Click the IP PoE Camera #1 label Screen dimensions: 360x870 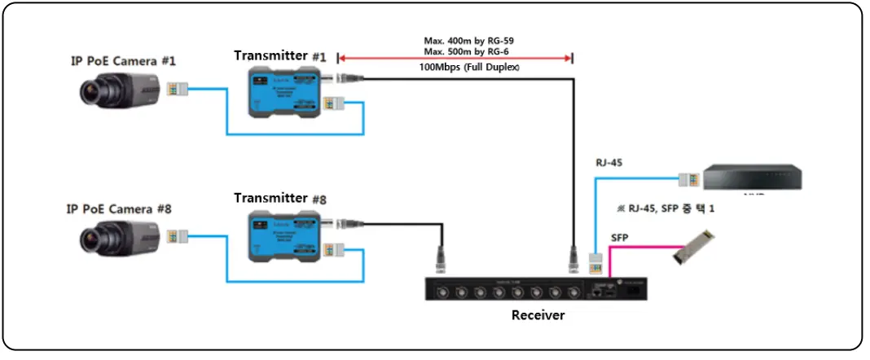(x=123, y=61)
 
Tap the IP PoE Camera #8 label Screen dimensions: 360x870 (x=119, y=209)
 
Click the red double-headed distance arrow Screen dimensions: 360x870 (x=455, y=58)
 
